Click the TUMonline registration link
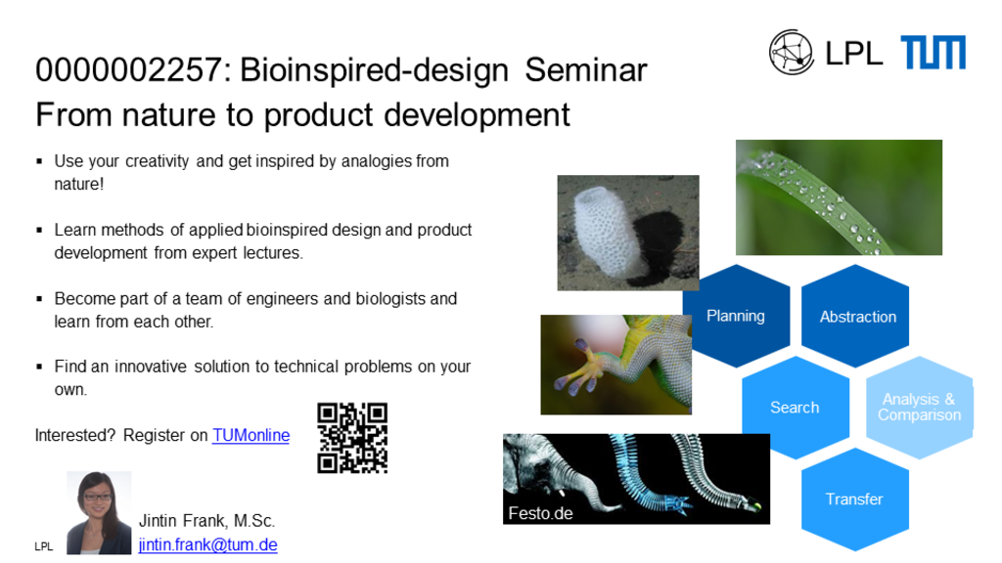coord(250,435)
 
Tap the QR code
coord(352,438)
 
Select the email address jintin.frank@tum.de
coord(207,544)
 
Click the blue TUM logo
coord(933,53)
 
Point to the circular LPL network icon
coord(791,53)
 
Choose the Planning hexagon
coord(736,316)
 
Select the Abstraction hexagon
coord(855,316)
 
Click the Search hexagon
coord(796,408)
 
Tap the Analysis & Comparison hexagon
coord(920,408)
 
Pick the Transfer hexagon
coord(855,499)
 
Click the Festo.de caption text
coord(540,513)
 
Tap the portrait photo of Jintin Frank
coord(99,512)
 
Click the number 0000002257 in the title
coord(129,69)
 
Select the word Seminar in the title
coord(586,69)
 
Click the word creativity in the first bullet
coord(158,161)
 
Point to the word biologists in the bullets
coord(390,299)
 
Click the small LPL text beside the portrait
coord(43,546)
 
